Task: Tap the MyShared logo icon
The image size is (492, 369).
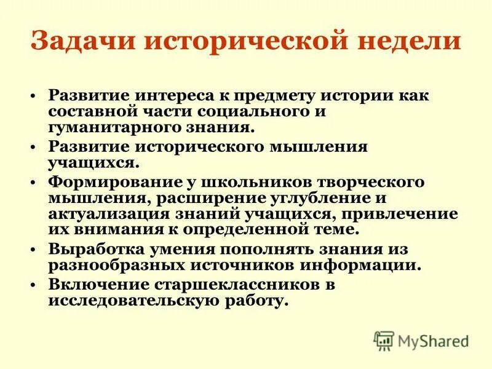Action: point(384,340)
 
